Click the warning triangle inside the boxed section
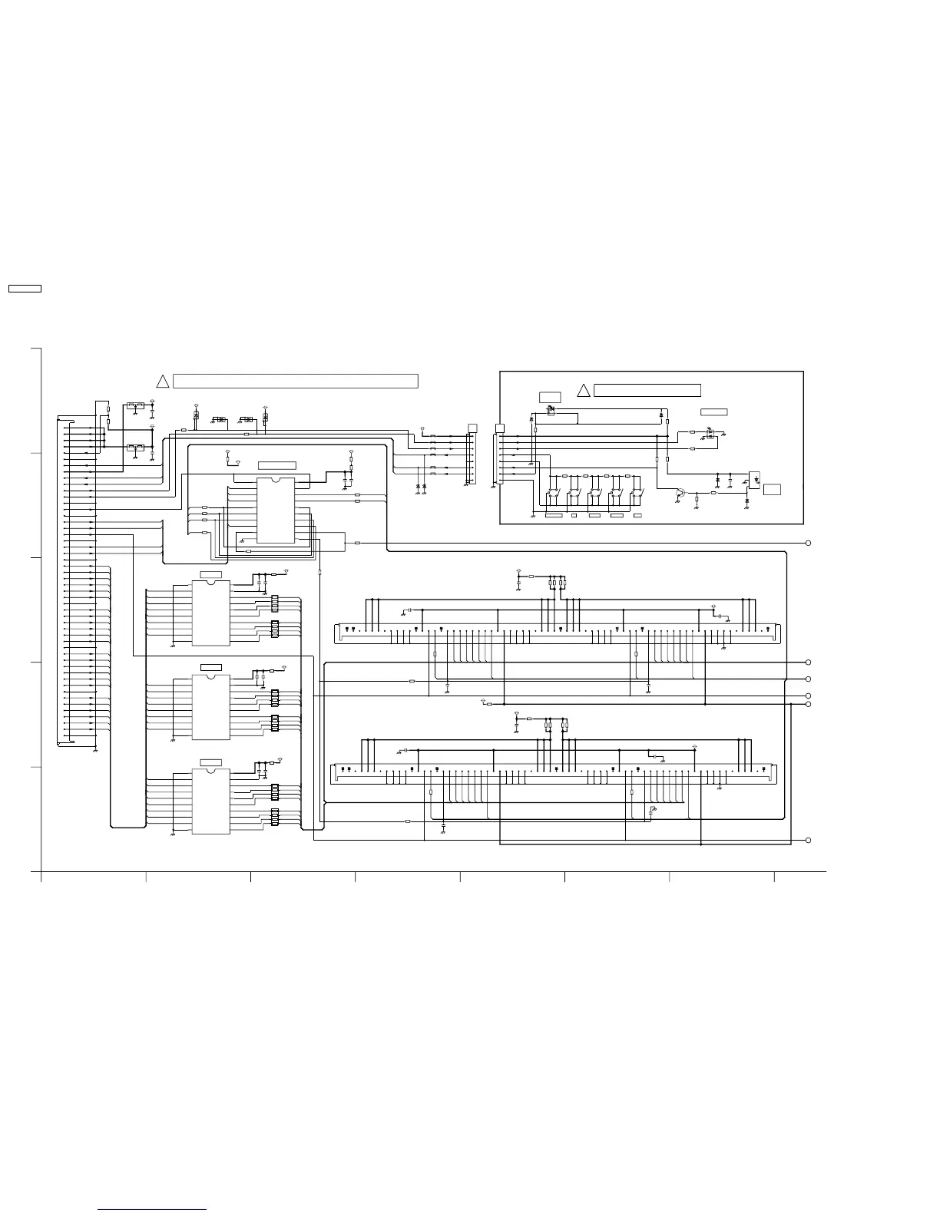tap(583, 391)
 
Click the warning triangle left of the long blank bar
tap(162, 382)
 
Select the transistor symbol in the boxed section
tap(680, 494)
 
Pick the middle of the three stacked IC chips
tap(210, 707)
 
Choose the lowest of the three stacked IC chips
tap(210, 801)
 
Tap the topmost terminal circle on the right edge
tap(809, 544)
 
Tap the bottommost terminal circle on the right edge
tap(809, 840)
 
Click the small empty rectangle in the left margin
tap(25, 289)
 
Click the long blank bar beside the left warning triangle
tap(296, 381)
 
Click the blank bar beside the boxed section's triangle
tap(647, 390)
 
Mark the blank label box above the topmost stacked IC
tap(210, 575)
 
